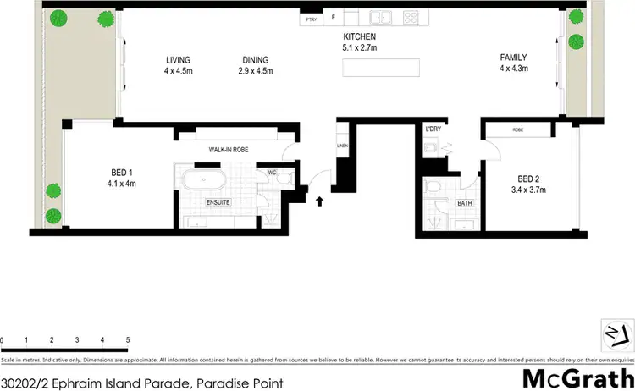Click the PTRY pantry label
point(311,17)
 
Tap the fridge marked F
point(332,17)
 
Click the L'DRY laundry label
point(434,129)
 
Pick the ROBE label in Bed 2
point(518,130)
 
